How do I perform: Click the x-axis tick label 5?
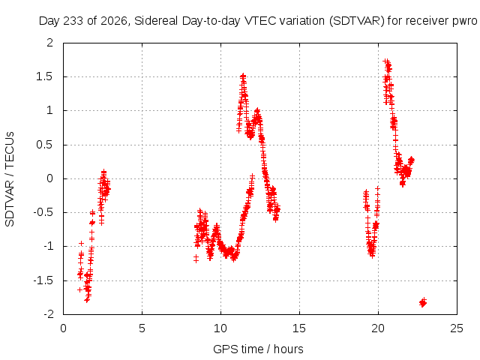(x=142, y=328)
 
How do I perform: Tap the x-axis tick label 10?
(x=220, y=328)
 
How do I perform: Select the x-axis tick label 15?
(x=299, y=328)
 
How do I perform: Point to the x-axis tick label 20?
(x=378, y=328)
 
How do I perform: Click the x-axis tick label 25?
(x=457, y=328)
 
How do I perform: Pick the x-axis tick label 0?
(x=63, y=328)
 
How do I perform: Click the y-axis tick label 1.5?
(x=44, y=76)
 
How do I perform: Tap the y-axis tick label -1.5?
(x=43, y=280)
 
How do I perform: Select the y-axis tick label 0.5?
(x=44, y=145)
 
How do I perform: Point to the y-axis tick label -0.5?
(x=43, y=212)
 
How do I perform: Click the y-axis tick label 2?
(x=50, y=43)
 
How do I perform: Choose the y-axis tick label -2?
(x=48, y=314)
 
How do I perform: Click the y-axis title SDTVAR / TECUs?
(x=10, y=179)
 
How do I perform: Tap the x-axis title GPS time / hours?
(x=258, y=349)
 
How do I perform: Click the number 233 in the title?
(x=72, y=21)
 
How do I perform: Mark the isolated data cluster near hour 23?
(x=423, y=302)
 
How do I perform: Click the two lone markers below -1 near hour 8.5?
(x=196, y=259)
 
